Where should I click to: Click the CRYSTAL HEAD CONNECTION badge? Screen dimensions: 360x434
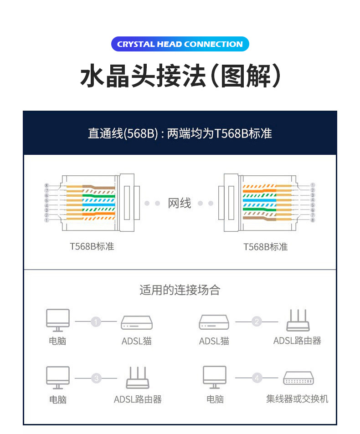[x=180, y=44]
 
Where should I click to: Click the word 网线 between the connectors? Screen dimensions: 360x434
[x=180, y=203]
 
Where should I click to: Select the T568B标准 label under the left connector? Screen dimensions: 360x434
[x=92, y=246]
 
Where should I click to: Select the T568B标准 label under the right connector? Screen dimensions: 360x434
[x=265, y=247]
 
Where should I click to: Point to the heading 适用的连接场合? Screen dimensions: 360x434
[x=180, y=290]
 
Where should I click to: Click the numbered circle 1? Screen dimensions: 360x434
[x=96, y=322]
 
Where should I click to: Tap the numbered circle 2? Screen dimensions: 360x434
[x=257, y=322]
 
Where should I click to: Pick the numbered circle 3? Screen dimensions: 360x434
[x=96, y=378]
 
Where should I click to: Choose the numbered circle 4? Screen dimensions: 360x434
[x=257, y=378]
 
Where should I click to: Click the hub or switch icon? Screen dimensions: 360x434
[x=299, y=378]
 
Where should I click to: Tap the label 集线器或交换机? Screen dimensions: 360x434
[x=297, y=399]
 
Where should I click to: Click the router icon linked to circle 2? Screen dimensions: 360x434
[x=298, y=321]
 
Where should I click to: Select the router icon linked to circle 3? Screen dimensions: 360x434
[x=138, y=378]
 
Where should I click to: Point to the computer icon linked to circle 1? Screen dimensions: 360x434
[x=58, y=320]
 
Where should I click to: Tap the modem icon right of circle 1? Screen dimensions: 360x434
[x=137, y=323]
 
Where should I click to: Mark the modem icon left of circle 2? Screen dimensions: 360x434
[x=214, y=323]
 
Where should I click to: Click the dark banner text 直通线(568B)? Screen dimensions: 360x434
[x=123, y=133]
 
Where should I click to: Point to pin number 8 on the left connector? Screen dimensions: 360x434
[x=46, y=185]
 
